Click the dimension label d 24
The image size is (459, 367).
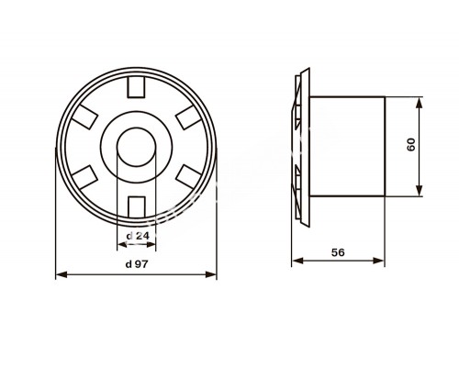[x=138, y=236]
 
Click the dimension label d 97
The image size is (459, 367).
[x=137, y=264]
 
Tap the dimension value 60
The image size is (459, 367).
[x=411, y=144]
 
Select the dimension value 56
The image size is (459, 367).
[x=338, y=252]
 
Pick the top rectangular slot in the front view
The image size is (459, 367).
[x=136, y=87]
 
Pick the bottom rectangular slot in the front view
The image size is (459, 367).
[x=136, y=207]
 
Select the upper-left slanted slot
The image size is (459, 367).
[x=84, y=117]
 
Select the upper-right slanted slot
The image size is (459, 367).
[x=188, y=117]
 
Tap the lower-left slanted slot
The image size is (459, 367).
[x=84, y=177]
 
